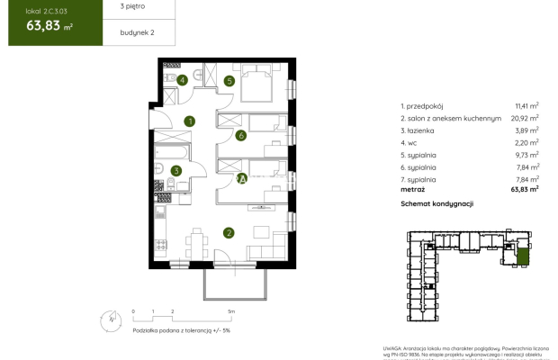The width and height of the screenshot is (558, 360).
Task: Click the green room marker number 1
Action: (x=190, y=121)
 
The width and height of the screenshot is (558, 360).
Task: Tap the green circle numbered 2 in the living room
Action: (x=229, y=233)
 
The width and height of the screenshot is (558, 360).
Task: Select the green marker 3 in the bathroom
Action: (x=176, y=170)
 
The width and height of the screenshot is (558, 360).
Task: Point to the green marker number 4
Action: (x=183, y=80)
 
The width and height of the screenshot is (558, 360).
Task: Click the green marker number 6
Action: (x=241, y=137)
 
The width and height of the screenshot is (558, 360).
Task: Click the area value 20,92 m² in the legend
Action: (x=526, y=117)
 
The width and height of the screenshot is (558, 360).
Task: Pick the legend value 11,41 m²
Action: (x=526, y=104)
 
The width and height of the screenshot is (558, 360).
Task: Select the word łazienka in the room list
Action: (x=427, y=130)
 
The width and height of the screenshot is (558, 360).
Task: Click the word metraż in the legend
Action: (x=414, y=189)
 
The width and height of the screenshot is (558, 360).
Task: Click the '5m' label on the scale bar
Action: (x=231, y=310)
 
